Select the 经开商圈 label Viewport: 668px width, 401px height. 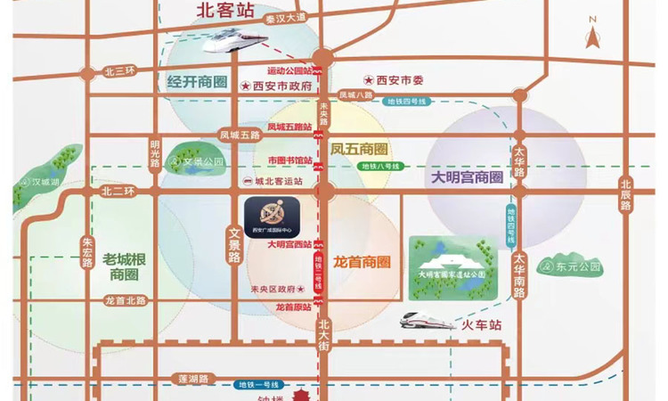[197, 82]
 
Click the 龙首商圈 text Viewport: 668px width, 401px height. [362, 263]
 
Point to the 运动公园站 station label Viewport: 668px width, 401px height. [289, 70]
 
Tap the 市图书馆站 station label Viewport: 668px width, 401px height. [290, 160]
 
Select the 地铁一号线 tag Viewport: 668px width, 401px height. [257, 384]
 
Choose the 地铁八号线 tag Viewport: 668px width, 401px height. [381, 167]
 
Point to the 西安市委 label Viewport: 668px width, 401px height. [399, 80]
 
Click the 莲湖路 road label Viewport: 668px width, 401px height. [192, 379]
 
